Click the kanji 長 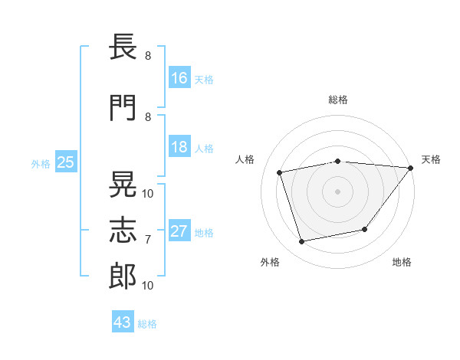(123, 47)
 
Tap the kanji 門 (123, 107)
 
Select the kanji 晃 (123, 184)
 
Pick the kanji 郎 (123, 277)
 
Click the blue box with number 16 (179, 77)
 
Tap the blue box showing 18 (179, 146)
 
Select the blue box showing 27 (179, 230)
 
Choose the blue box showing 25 (66, 162)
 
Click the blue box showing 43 (123, 321)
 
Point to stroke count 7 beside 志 (148, 240)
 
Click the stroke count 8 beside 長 (148, 56)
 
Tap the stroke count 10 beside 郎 (147, 286)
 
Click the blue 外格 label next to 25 (41, 164)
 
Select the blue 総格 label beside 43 (147, 324)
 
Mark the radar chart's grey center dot (337, 191)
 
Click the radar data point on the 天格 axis (411, 168)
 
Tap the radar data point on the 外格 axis (301, 241)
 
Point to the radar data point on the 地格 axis (365, 229)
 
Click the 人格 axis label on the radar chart (245, 159)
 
